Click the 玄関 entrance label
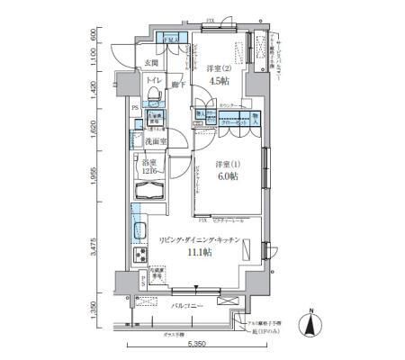click(154, 62)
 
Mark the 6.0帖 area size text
click(227, 178)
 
